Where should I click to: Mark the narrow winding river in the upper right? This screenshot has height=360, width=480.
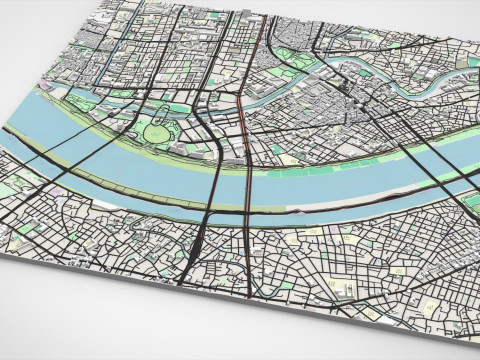tap(420, 85)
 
